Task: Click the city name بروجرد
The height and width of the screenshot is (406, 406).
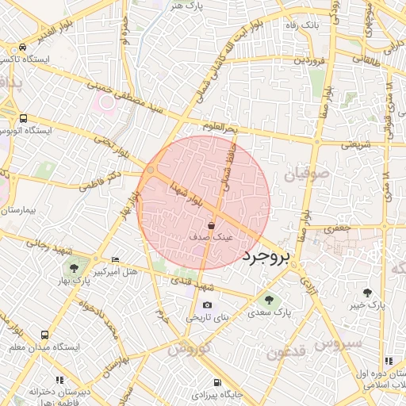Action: (267, 256)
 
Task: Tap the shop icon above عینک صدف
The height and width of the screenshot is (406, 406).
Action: (210, 225)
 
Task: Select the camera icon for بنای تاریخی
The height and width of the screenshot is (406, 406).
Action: (207, 305)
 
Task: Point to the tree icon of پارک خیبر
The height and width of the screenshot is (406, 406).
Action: (367, 293)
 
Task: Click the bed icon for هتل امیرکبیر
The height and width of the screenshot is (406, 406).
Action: (116, 259)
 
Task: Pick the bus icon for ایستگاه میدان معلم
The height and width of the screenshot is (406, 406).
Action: (44, 335)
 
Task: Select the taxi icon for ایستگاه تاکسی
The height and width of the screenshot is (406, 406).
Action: (23, 48)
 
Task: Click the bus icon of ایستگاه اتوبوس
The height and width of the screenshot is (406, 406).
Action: (23, 117)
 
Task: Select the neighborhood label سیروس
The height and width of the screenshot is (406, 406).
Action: (339, 343)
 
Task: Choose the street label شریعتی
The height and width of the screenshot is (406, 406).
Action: (355, 145)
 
